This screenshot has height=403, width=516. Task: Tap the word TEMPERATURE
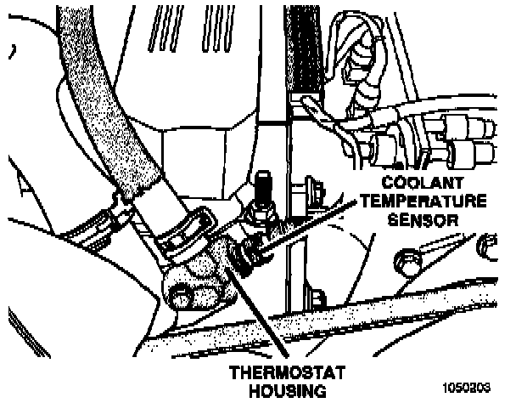point(422,201)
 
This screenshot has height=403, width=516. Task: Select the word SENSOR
point(422,219)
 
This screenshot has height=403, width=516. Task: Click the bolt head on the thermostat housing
point(181,297)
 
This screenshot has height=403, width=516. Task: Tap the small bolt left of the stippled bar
point(317,300)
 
